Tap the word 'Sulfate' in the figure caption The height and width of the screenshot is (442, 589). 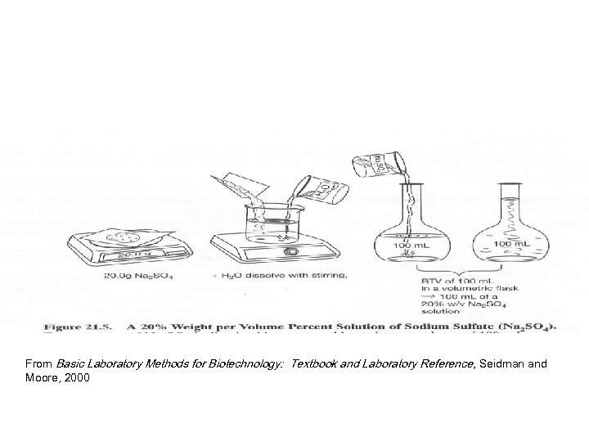(x=482, y=325)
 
